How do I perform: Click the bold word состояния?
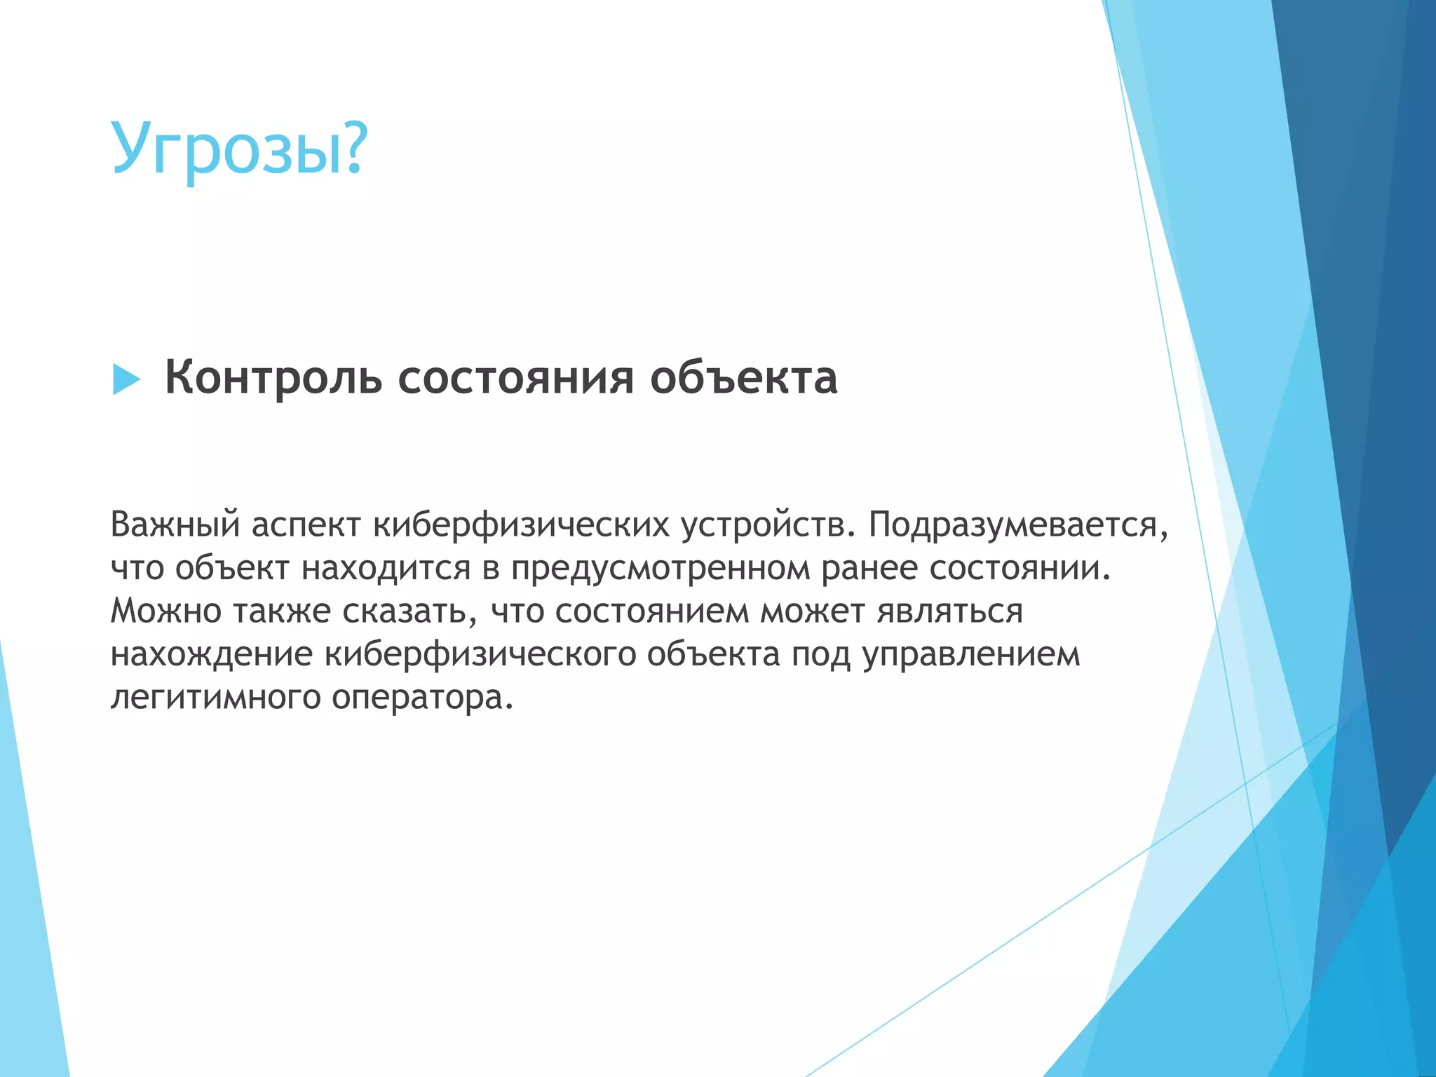click(516, 379)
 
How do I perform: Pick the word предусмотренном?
click(660, 568)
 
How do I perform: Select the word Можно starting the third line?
click(165, 611)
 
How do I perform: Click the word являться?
click(950, 611)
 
